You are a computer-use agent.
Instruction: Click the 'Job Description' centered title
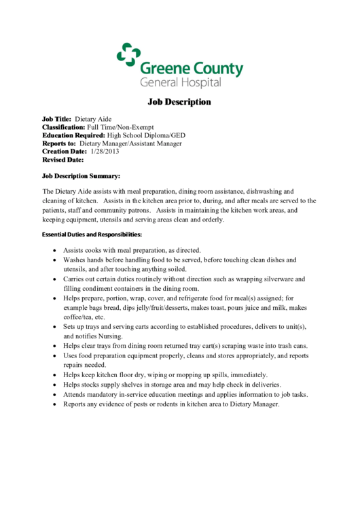pyautogui.click(x=179, y=102)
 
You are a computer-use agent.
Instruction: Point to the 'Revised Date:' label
pyautogui.click(x=62, y=160)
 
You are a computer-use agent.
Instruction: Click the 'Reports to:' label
pyautogui.click(x=59, y=143)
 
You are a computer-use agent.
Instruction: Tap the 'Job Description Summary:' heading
pyautogui.click(x=81, y=176)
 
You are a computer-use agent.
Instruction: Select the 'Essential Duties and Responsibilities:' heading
pyautogui.click(x=92, y=234)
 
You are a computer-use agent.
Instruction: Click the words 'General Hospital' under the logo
pyautogui.click(x=181, y=82)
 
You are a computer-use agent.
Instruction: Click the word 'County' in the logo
pyautogui.click(x=219, y=69)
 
